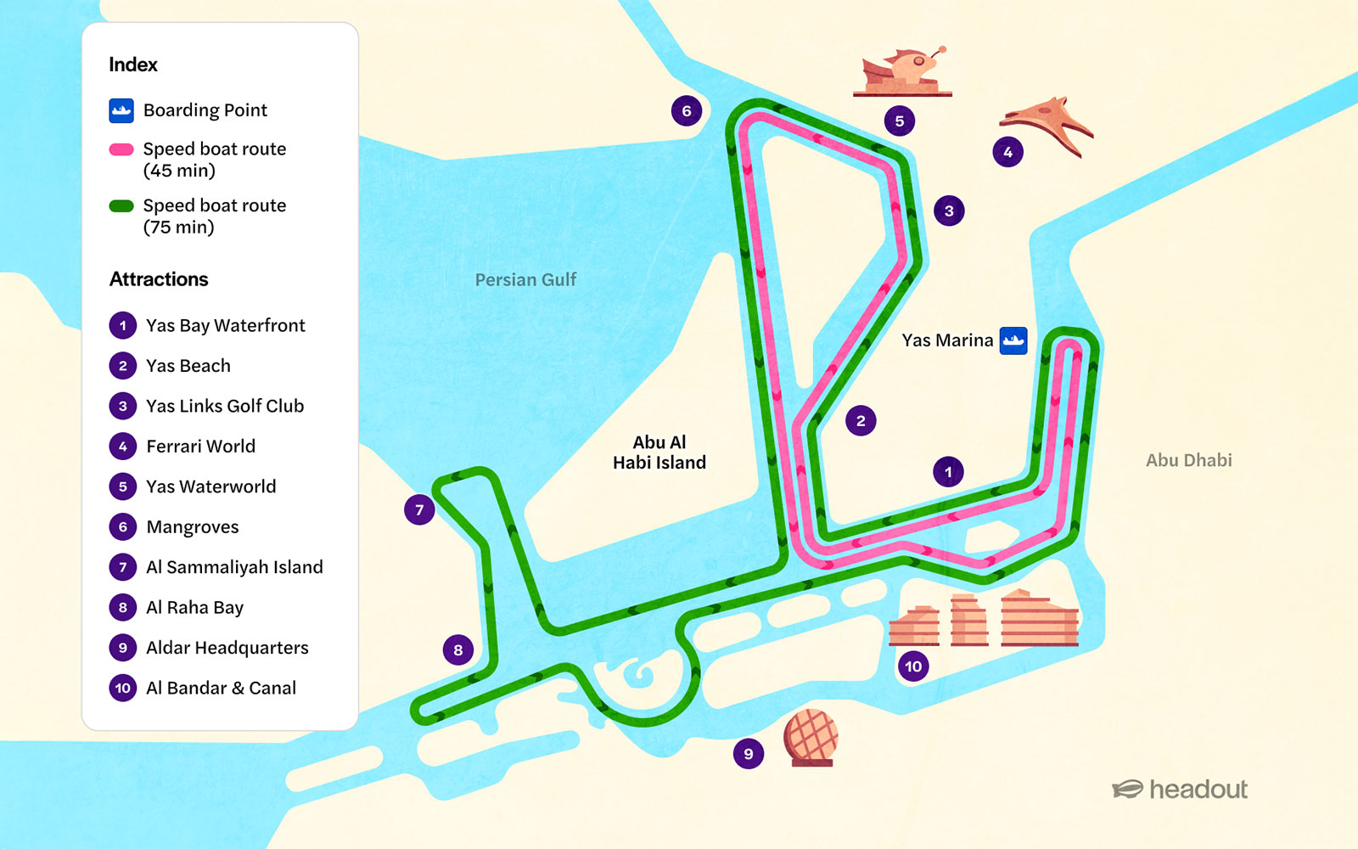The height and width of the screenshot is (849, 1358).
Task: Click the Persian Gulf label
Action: click(525, 280)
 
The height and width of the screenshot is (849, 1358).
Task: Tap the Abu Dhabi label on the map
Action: click(1188, 460)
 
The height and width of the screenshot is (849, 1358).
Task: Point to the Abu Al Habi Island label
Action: click(659, 453)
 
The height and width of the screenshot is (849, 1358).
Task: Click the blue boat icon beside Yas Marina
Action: click(1013, 340)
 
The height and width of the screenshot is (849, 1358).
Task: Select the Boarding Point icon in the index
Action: click(121, 110)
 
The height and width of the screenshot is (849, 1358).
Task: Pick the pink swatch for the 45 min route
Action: click(121, 149)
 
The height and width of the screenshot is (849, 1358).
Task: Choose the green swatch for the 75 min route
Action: click(121, 205)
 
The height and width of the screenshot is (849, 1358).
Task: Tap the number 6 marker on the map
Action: click(686, 110)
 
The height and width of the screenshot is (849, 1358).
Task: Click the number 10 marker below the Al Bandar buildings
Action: click(913, 666)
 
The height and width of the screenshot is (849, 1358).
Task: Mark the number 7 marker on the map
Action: click(419, 510)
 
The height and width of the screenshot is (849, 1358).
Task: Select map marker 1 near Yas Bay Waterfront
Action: click(948, 471)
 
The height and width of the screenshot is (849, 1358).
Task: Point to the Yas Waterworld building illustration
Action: click(902, 72)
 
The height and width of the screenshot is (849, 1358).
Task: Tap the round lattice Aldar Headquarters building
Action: click(811, 737)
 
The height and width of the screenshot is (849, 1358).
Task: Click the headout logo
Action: click(1180, 790)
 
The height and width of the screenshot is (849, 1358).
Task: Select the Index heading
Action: click(133, 65)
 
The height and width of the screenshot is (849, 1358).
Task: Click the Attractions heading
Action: click(159, 279)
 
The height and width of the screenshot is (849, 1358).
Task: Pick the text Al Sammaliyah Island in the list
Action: click(234, 567)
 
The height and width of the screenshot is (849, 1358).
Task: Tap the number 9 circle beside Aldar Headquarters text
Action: click(123, 648)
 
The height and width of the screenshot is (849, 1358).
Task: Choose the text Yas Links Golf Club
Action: click(225, 406)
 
